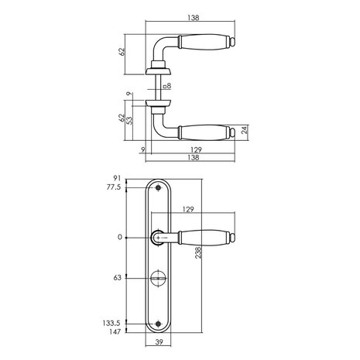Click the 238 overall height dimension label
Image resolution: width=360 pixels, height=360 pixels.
coord(198,252)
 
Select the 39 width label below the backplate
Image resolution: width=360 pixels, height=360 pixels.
coord(159,342)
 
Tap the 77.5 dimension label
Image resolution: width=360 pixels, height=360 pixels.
coord(114,187)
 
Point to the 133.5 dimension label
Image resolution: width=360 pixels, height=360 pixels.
coord(111,323)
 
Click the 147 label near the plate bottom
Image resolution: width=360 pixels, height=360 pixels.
coord(115,332)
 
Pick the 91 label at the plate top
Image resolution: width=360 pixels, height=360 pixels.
coord(117,178)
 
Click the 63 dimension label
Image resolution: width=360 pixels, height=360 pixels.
coord(117,278)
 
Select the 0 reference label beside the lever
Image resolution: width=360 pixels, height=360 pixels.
coord(119,237)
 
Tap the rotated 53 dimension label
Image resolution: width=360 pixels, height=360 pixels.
coord(130,120)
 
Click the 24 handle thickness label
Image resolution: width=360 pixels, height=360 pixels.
coord(245,129)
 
